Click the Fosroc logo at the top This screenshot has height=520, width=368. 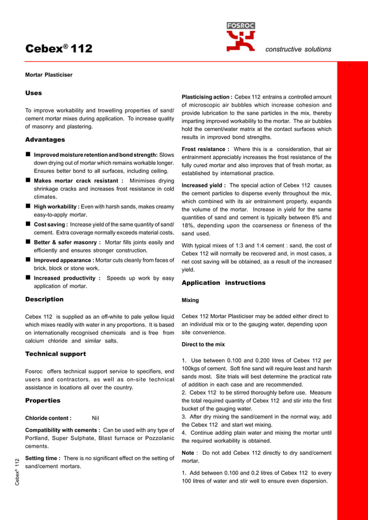pyautogui.click(x=241, y=37)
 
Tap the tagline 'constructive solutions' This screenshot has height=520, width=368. pyautogui.click(x=298, y=50)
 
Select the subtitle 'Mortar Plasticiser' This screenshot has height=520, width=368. pyautogui.click(x=49, y=75)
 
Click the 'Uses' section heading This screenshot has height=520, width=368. pyautogui.click(x=33, y=93)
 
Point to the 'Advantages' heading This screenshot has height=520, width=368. pyautogui.click(x=45, y=140)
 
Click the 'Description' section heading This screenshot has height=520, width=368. pyautogui.click(x=44, y=299)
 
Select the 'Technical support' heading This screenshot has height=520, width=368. pyautogui.click(x=55, y=353)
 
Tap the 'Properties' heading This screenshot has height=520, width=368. pyautogui.click(x=43, y=400)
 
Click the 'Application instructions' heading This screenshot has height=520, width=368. pyautogui.click(x=223, y=283)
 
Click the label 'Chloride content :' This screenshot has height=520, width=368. pyautogui.click(x=48, y=419)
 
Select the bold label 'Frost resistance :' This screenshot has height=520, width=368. pyautogui.click(x=205, y=149)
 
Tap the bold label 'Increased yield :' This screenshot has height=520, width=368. pyautogui.click(x=204, y=186)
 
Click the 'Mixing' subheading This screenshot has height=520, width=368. pyautogui.click(x=190, y=300)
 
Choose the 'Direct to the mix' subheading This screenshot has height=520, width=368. pyautogui.click(x=203, y=345)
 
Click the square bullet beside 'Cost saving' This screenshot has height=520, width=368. pyautogui.click(x=28, y=224)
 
